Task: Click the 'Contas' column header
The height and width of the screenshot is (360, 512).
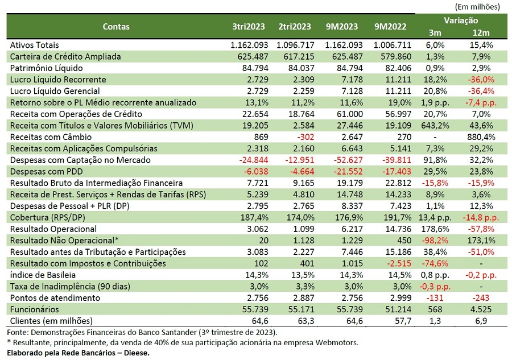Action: (116, 26)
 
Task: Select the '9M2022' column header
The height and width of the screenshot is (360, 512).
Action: (390, 26)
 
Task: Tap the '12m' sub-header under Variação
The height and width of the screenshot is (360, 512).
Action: (481, 33)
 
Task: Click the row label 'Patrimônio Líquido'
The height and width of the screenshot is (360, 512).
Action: (47, 68)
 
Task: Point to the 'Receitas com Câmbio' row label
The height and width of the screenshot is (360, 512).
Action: (51, 137)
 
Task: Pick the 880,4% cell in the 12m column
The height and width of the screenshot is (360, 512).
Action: (481, 137)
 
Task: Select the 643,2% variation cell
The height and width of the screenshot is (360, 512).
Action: (435, 126)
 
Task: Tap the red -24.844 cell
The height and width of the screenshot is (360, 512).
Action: (253, 160)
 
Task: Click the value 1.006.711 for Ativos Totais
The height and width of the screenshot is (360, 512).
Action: (393, 45)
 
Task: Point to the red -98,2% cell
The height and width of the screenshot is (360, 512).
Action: (435, 241)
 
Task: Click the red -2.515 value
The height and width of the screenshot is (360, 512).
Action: (398, 263)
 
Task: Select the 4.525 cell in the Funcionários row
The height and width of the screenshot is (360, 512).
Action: (481, 309)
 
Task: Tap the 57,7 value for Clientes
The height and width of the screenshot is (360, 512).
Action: (403, 321)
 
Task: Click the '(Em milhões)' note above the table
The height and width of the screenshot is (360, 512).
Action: (477, 6)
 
